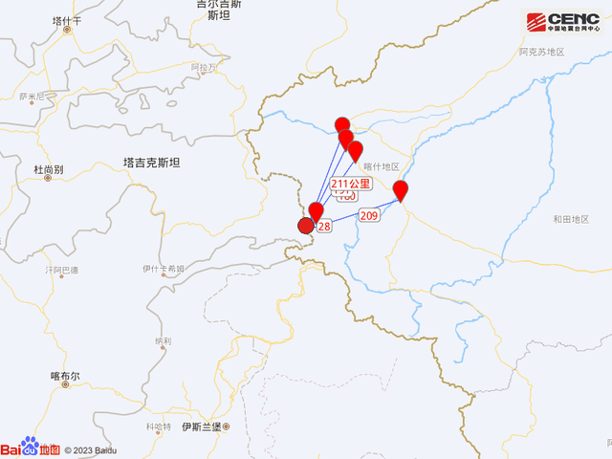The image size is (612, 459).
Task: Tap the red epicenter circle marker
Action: tap(306, 226)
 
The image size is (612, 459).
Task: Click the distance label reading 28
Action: tap(324, 227)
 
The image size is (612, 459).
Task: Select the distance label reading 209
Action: tap(370, 217)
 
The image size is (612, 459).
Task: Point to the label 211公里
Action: tap(350, 184)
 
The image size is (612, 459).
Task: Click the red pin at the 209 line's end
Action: tap(401, 190)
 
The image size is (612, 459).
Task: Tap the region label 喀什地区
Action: tap(381, 166)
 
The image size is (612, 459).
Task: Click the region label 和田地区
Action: tap(572, 220)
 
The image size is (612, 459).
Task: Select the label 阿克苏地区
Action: tap(541, 52)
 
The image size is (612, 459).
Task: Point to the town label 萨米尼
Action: tap(32, 96)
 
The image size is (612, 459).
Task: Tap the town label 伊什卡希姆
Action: tap(162, 269)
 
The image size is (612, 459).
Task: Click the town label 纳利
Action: tap(163, 340)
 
